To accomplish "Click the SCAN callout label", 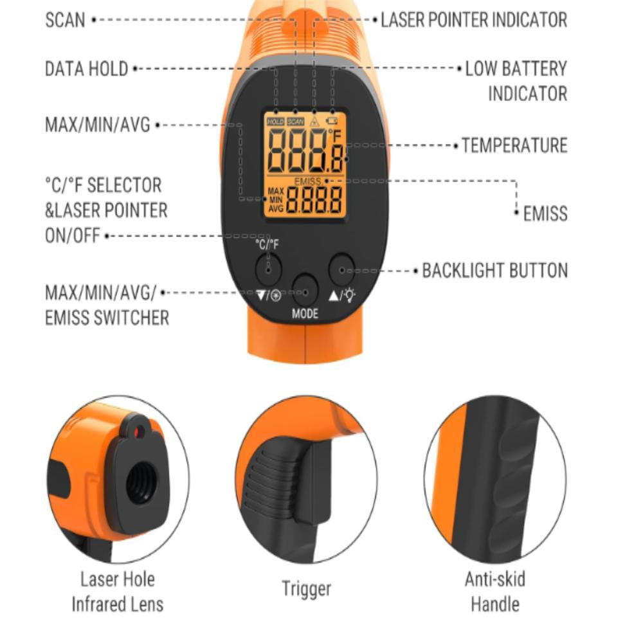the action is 65,20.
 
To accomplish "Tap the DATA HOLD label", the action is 87,69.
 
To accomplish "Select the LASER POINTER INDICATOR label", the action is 474,20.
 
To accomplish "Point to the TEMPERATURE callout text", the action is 514,145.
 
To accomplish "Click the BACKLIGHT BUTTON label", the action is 495,271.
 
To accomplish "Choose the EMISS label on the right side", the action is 545,213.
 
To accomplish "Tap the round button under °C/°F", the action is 268,269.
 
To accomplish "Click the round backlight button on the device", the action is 341,269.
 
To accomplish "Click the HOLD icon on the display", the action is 276,122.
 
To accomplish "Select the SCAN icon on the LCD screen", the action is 295,122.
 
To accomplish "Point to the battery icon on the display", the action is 331,121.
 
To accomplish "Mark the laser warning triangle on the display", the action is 314,122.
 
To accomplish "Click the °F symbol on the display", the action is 334,135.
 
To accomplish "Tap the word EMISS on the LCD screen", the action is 307,181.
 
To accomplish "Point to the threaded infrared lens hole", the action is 141,482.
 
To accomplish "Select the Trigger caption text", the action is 306,589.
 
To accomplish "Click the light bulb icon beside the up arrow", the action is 350,295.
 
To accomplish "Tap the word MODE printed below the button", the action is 305,314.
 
